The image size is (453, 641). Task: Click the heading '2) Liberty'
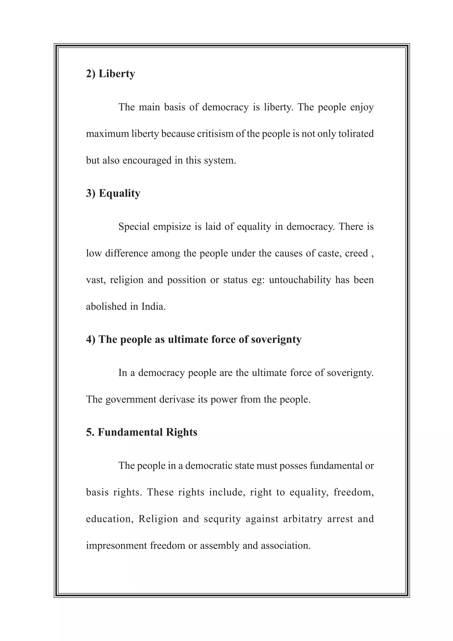pyautogui.click(x=111, y=74)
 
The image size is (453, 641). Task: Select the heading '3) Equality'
pyautogui.click(x=113, y=193)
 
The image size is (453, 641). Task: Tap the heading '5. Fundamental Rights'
pyautogui.click(x=142, y=432)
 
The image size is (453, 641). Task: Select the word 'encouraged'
pyautogui.click(x=147, y=161)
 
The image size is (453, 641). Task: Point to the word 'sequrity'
pyautogui.click(x=222, y=519)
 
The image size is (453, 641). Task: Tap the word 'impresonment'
pyautogui.click(x=116, y=545)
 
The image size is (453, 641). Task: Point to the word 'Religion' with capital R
pyautogui.click(x=158, y=519)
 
